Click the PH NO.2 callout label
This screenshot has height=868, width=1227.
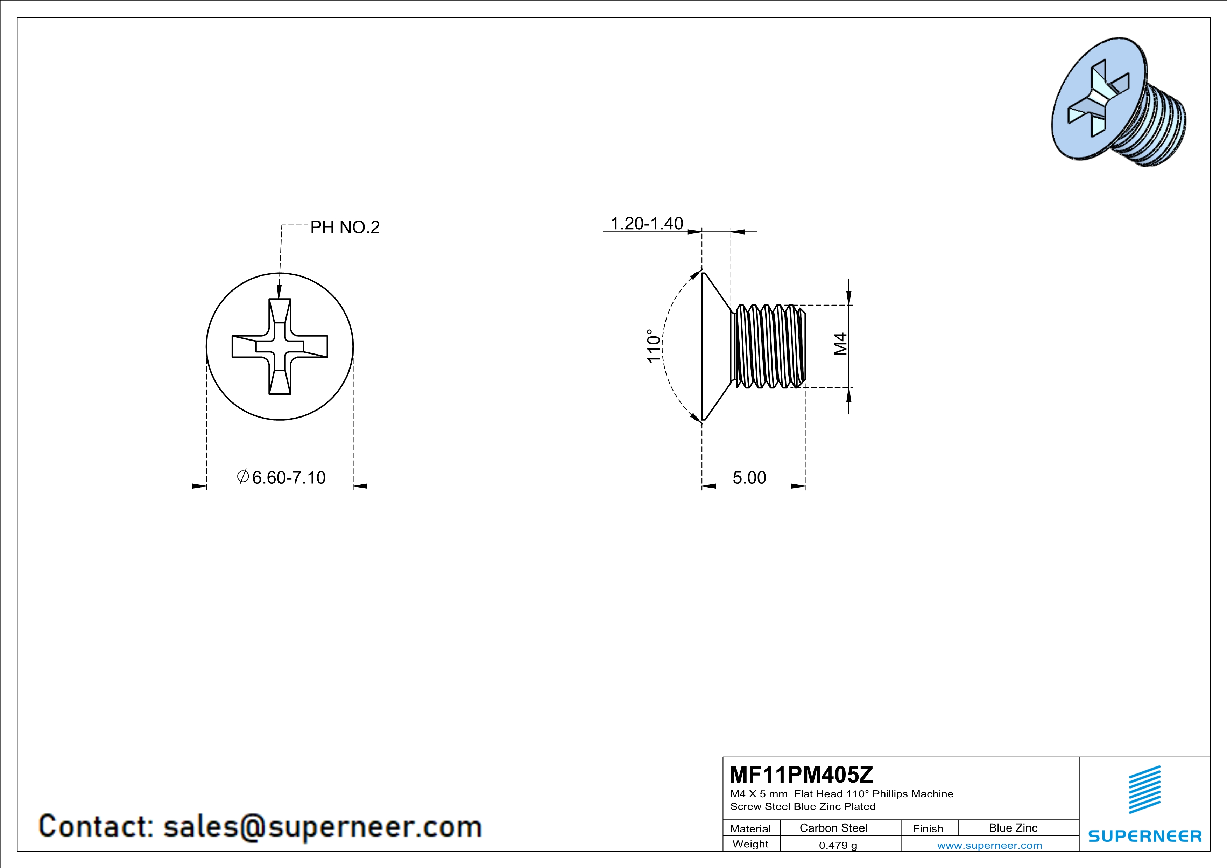tap(345, 228)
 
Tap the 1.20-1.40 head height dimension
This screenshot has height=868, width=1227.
tap(647, 223)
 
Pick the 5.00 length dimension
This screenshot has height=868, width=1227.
tap(749, 477)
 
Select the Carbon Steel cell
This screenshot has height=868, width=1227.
tap(833, 828)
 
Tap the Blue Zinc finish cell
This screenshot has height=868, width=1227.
tap(1013, 828)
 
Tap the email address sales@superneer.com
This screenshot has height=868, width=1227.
tap(322, 826)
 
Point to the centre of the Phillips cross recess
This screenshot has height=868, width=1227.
tap(280, 346)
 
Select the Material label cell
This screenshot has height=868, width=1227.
tap(750, 828)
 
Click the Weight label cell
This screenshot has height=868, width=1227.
tap(750, 844)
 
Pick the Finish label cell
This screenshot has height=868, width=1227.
tap(928, 828)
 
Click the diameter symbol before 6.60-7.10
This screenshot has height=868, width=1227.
tap(242, 476)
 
